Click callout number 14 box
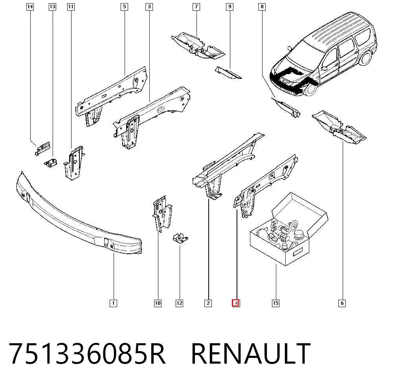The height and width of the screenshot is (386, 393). click(30, 7)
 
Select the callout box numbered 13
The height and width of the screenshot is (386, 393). click(52, 7)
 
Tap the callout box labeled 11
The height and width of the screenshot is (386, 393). click(71, 7)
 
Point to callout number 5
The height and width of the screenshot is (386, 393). click(125, 7)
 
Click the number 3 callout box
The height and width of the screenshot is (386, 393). click(149, 7)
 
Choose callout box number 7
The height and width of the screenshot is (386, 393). click(196, 7)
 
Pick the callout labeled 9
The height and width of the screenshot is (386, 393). click(230, 7)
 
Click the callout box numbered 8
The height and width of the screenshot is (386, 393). click(262, 7)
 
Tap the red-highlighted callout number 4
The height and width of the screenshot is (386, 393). click(236, 303)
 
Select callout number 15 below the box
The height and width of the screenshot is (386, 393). click(275, 303)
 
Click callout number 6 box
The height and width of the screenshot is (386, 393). click(342, 303)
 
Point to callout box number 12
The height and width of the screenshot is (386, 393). click(180, 303)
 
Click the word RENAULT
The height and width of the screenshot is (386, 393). click(251, 353)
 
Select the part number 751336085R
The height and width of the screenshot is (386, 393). click(87, 353)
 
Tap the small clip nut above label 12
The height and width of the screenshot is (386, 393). click(180, 239)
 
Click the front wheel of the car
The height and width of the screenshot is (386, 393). click(310, 89)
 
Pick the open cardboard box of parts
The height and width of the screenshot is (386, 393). click(288, 229)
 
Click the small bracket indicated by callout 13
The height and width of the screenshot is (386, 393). click(50, 163)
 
